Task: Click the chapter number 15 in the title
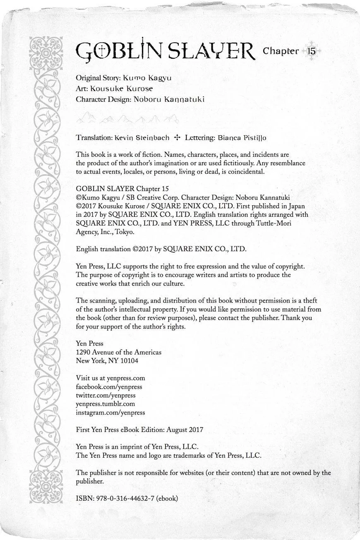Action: point(311,51)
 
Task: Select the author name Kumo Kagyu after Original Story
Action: point(147,78)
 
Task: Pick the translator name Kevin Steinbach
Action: point(142,137)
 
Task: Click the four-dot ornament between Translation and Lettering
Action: point(177,137)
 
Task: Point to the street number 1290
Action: point(83,352)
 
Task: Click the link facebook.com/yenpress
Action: point(109,387)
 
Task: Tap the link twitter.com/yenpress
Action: point(106,396)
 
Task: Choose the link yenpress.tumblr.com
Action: point(105,404)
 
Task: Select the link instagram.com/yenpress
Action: point(110,413)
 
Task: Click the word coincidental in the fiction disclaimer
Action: point(245,172)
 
